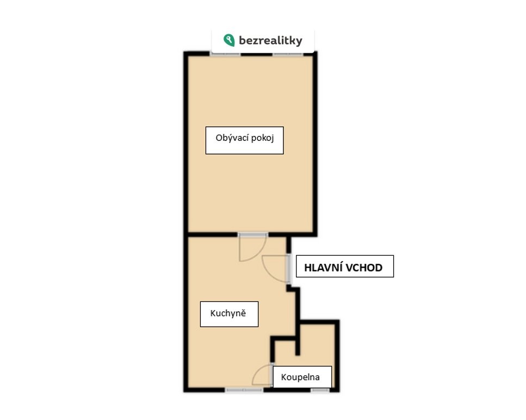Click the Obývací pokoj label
pyautogui.click(x=245, y=140)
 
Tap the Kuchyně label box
pyautogui.click(x=229, y=314)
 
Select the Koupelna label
pyautogui.click(x=302, y=376)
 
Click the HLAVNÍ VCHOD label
pyautogui.click(x=344, y=267)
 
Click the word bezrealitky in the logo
pyautogui.click(x=270, y=41)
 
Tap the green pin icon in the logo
pyautogui.click(x=229, y=40)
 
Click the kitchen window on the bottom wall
pyautogui.click(x=244, y=390)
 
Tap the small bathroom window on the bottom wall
pyautogui.click(x=320, y=390)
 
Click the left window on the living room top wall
pyautogui.click(x=225, y=53)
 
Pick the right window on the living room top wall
pyautogui.click(x=288, y=53)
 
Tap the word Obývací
pyautogui.click(x=232, y=138)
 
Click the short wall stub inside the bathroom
pyautogui.click(x=298, y=345)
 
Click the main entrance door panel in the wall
pyautogui.click(x=289, y=268)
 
